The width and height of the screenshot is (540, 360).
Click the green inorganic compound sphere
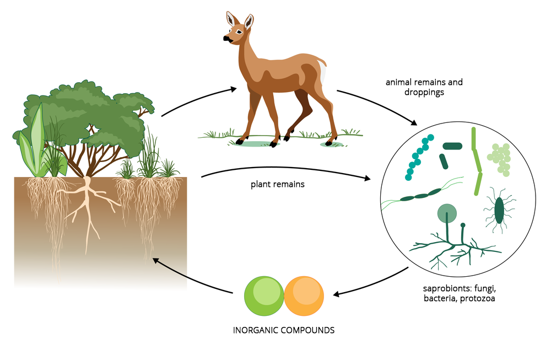pyautogui.click(x=264, y=295)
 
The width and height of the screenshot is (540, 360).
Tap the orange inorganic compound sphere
pyautogui.click(x=304, y=295)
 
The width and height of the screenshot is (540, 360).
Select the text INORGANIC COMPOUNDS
pyautogui.click(x=283, y=331)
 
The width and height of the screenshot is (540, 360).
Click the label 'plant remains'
pyautogui.click(x=277, y=184)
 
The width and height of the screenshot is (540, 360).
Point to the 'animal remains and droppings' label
pyautogui.click(x=424, y=88)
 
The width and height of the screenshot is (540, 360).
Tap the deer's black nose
pyautogui.click(x=226, y=39)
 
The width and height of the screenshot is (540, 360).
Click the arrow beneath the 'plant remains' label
pyautogui.click(x=287, y=171)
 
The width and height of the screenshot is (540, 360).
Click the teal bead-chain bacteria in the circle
pyautogui.click(x=419, y=157)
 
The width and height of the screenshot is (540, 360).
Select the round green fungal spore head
pyautogui.click(x=447, y=213)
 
